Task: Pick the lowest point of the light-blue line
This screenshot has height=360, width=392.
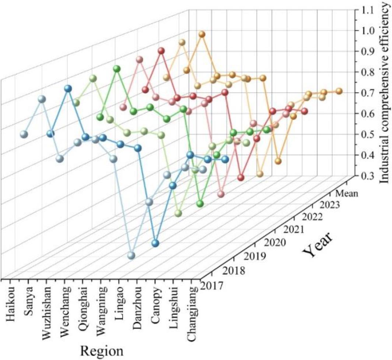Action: tap(132, 256)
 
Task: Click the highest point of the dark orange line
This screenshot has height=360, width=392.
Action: tap(202, 34)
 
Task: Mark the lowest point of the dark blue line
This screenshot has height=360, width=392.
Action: tap(155, 243)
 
